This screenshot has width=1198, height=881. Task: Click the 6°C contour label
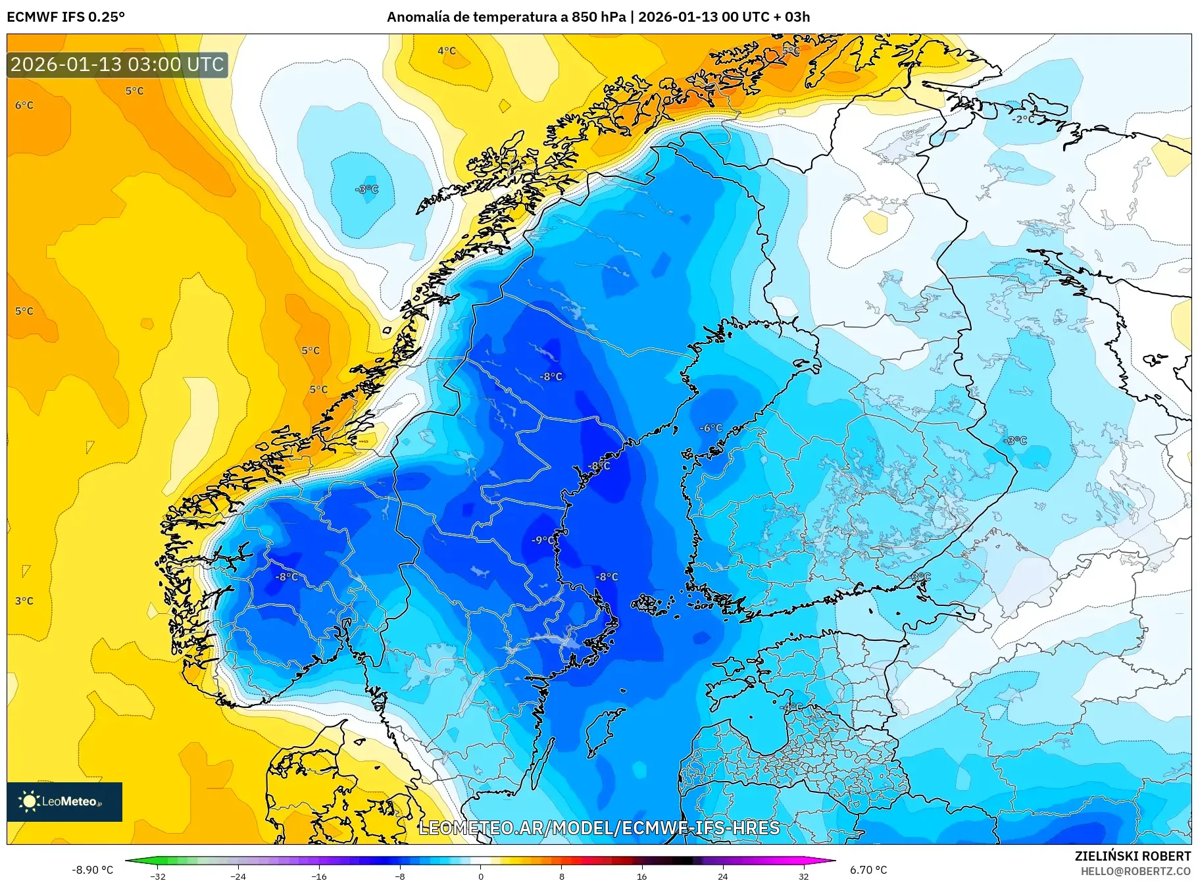coord(24,105)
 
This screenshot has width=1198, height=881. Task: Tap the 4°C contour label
coord(447,51)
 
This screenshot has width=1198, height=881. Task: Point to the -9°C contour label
coord(543,540)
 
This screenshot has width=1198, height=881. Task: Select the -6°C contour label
coord(711,428)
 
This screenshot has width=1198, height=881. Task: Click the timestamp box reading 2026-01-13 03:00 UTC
coord(117,64)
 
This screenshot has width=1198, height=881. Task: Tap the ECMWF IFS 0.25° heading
coord(66,17)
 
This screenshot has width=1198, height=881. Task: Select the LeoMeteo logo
coord(64,801)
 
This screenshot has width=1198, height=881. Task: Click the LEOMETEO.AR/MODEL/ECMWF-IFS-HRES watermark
coord(599,828)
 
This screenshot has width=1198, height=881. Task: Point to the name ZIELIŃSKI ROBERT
coord(1132,856)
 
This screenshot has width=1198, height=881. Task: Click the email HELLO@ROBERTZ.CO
coord(1136,871)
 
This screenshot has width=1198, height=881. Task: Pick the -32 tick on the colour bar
coord(158,876)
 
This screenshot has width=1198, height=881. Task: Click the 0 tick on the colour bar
coord(481,876)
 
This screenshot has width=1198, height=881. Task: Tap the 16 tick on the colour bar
coord(642,876)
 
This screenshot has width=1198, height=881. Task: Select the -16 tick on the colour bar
coord(319,876)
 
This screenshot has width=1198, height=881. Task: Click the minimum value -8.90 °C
coord(92,870)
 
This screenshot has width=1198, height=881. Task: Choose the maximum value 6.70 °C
coord(868,870)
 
